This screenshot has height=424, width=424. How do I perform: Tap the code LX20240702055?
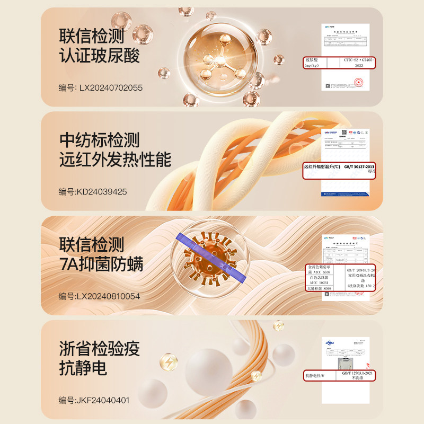pos(111,87)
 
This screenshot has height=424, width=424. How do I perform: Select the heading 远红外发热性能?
pos(115,159)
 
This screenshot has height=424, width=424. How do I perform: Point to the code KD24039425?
pos(103,191)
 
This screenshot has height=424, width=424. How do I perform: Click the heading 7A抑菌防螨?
pos(101,263)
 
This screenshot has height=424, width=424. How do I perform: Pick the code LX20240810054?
pos(110,296)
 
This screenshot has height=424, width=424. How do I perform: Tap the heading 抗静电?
pos(83,367)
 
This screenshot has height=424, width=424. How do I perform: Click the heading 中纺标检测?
pos(99,140)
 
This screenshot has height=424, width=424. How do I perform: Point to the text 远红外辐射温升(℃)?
pos(324,166)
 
